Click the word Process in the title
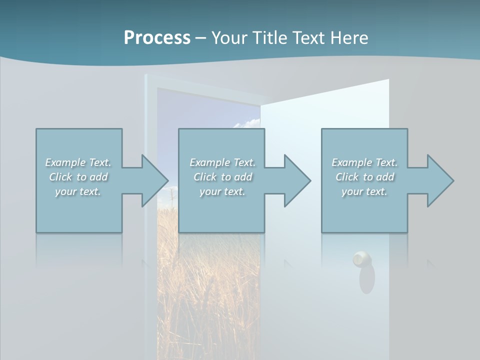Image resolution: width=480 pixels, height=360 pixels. [157, 38]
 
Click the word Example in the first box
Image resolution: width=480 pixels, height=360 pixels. [65, 162]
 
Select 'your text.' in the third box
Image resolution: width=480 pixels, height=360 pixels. [364, 191]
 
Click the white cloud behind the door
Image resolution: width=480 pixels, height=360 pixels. [248, 123]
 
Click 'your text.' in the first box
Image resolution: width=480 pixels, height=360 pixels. [78, 191]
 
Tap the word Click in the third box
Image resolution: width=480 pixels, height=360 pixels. [346, 177]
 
